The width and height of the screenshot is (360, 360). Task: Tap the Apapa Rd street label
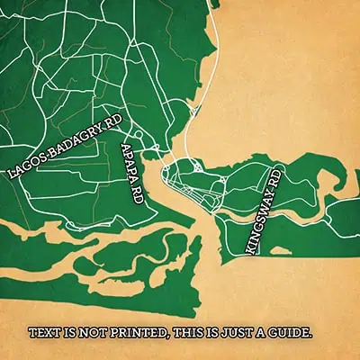click(x=131, y=175)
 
